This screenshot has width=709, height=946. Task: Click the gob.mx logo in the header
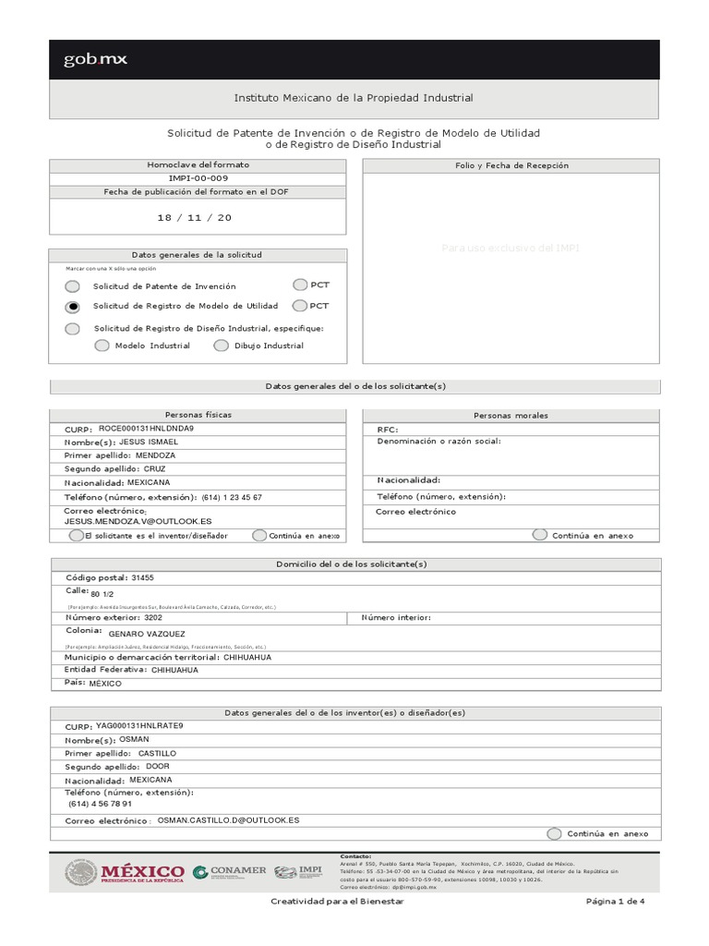tap(95, 60)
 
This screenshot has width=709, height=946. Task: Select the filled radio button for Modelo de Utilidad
tap(72, 307)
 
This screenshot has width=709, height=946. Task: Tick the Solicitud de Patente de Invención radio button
tap(72, 286)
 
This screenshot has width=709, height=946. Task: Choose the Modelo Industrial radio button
tap(102, 346)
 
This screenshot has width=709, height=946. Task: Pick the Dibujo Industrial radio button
tap(221, 346)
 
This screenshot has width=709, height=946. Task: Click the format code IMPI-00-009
tap(198, 178)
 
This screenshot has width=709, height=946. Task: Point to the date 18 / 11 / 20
tap(194, 217)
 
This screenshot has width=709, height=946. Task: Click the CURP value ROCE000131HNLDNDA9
tap(146, 429)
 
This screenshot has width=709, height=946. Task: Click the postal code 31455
tap(143, 577)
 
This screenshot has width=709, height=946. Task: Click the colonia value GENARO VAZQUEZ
tap(147, 635)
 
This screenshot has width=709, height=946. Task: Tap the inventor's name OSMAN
tap(135, 739)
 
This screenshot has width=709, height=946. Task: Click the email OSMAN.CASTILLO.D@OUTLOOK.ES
tap(228, 819)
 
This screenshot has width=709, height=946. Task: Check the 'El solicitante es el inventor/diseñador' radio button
tap(76, 536)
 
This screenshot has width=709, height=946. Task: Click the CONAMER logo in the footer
tap(229, 871)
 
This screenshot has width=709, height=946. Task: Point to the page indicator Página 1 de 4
tap(614, 901)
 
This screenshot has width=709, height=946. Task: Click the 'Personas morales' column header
tap(511, 416)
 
